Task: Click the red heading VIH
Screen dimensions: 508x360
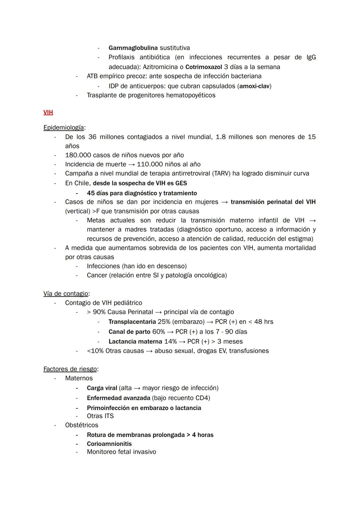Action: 48,113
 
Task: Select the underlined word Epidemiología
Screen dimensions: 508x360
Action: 63,128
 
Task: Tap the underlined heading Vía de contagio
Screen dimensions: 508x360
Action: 66,294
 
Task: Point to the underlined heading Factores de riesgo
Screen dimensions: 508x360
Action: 70,369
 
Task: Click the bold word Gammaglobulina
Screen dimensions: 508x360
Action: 133,48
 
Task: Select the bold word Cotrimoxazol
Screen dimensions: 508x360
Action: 204,67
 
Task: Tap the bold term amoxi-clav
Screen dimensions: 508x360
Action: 254,86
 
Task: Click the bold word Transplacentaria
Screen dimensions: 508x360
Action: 132,322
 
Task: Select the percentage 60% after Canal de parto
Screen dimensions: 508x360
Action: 159,332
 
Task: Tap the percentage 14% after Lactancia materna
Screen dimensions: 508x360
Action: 171,342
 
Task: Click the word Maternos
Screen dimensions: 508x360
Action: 79,378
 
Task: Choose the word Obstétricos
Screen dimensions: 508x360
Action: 82,425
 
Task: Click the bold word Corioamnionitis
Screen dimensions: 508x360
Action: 109,444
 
